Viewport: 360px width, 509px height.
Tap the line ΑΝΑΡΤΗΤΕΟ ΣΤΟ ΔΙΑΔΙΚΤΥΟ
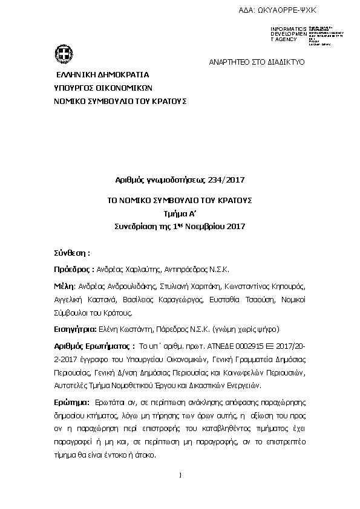pos(257,62)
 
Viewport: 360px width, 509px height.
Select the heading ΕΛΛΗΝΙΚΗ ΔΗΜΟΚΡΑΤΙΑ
pos(102,76)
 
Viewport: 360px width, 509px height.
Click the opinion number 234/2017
pos(223,180)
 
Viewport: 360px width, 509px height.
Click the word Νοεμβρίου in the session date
pos(207,227)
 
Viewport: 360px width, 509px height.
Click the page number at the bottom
pos(180,475)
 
